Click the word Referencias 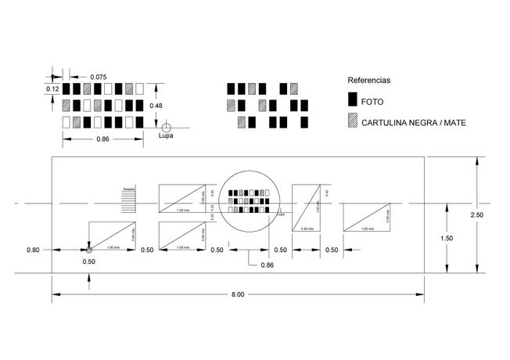point(369,80)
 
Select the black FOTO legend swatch point(353,100)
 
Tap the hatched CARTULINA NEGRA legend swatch point(353,121)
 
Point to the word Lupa point(166,135)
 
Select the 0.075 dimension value point(99,76)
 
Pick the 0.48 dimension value point(156,106)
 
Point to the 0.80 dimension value point(33,250)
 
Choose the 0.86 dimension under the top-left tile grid point(102,139)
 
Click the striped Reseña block point(129,199)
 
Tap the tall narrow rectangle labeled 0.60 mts point(307,207)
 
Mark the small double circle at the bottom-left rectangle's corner point(88,250)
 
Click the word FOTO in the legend point(372,101)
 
